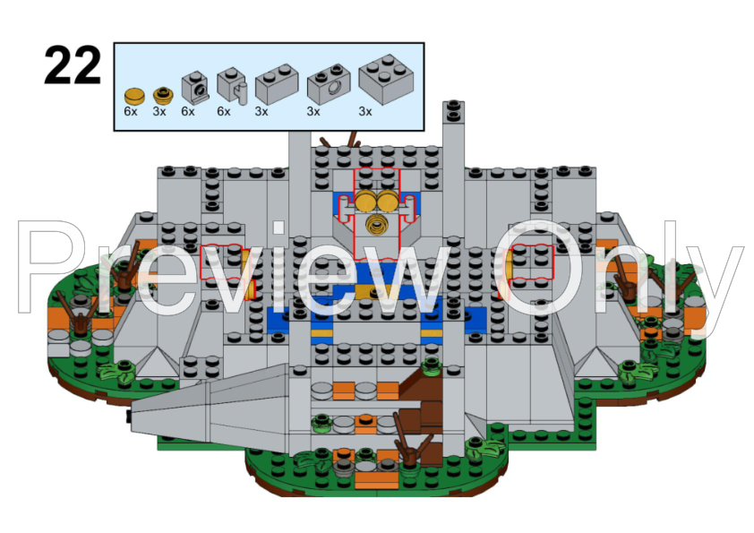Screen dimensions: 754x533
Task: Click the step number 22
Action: coord(73,65)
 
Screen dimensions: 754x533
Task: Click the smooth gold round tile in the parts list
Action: coord(134,96)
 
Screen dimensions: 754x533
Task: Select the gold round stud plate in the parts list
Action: coord(164,96)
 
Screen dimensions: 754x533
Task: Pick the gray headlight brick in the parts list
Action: coord(195,88)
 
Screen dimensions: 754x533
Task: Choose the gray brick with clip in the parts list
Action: coord(232,86)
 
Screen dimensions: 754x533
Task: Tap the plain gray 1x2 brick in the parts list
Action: coord(277,83)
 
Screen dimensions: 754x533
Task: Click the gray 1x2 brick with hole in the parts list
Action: coord(329,83)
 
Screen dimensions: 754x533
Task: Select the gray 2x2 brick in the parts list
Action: coord(386,80)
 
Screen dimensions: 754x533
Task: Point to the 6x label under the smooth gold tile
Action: coord(131,112)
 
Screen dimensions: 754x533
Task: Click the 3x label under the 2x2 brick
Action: coord(365,112)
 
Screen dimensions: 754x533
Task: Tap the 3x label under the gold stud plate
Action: coord(159,112)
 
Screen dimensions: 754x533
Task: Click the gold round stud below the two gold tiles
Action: coord(376,225)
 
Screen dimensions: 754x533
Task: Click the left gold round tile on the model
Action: coord(365,201)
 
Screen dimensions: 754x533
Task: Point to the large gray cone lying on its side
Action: coord(210,408)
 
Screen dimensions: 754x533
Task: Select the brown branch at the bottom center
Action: coord(410,440)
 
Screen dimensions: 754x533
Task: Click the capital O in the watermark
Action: coord(541,267)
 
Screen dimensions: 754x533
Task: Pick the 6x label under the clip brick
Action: coord(224,112)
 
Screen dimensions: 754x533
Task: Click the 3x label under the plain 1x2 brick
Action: coord(261,112)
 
